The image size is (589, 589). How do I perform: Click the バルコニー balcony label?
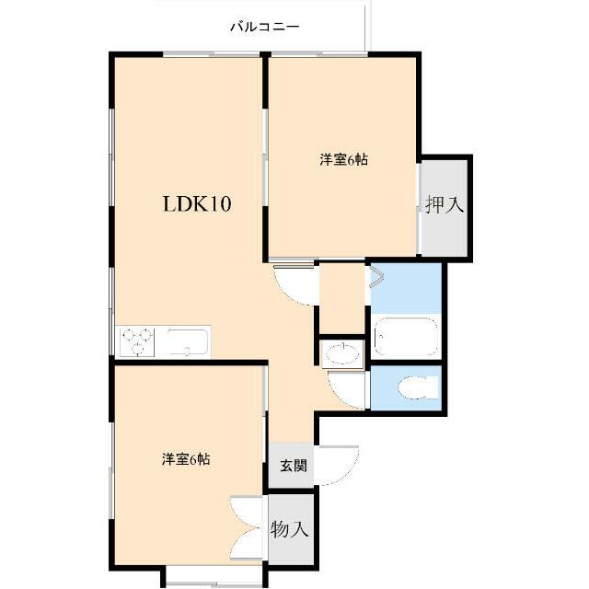pyautogui.click(x=265, y=27)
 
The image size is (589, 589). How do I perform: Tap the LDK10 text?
pyautogui.click(x=197, y=204)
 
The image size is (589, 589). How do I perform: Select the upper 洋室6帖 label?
pyautogui.click(x=343, y=160)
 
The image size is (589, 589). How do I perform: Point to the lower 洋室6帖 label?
pyautogui.click(x=186, y=459)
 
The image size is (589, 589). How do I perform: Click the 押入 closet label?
pyautogui.click(x=445, y=205)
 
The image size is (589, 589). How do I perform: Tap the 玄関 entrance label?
pyautogui.click(x=294, y=466)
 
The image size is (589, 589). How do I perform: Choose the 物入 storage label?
pyautogui.click(x=289, y=530)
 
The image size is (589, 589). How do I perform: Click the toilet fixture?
pyautogui.click(x=418, y=387)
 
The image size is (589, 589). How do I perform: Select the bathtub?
pyautogui.click(x=406, y=337)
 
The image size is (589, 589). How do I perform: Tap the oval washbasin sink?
pyautogui.click(x=342, y=353)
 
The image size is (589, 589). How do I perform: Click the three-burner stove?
pyautogui.click(x=137, y=341)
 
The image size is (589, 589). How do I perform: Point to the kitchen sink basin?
pyautogui.click(x=188, y=341)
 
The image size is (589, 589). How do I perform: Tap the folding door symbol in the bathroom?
pyautogui.click(x=377, y=277)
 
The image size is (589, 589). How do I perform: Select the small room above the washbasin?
pyautogui.click(x=341, y=298)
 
